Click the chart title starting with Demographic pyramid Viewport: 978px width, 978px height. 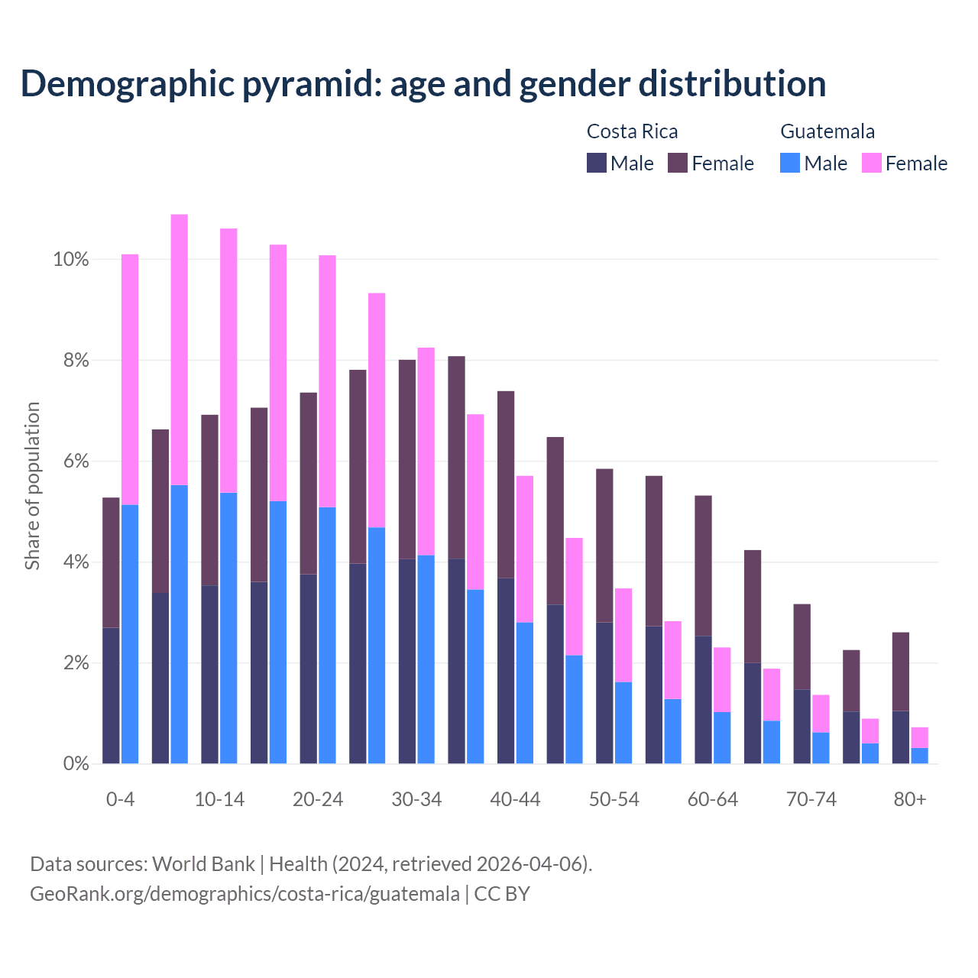pos(423,84)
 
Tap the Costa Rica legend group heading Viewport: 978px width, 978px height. pos(632,131)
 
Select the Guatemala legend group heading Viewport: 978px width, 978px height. pos(827,131)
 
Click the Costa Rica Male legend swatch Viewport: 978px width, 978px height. pos(597,163)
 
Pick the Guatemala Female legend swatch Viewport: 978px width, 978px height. pos(872,163)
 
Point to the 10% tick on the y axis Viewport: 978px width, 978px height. pos(71,260)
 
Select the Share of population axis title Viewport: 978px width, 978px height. pos(32,486)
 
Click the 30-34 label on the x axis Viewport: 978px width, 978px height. pos(416,799)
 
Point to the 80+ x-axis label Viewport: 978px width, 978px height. pos(910,799)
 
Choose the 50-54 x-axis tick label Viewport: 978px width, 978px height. pos(614,799)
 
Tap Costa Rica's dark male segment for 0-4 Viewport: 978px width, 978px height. pos(111,695)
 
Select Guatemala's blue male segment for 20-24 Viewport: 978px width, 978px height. pos(327,634)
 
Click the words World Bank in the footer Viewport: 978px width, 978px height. pos(203,864)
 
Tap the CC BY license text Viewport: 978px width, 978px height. pos(502,894)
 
